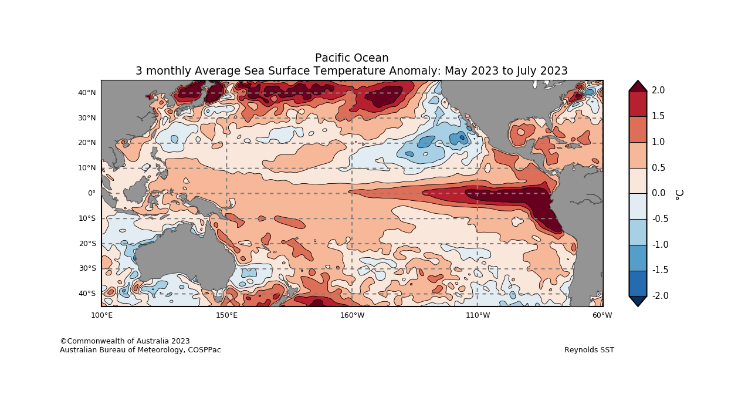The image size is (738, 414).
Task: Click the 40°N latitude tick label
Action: pos(87,93)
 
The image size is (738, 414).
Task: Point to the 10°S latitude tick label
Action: pos(87,218)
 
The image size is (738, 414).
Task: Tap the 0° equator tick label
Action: pos(92,193)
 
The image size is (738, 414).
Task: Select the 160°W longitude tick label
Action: pos(352,315)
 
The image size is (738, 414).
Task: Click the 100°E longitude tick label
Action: pos(101,315)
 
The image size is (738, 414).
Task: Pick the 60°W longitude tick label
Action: pos(602,315)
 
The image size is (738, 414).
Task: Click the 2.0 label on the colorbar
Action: pos(658,90)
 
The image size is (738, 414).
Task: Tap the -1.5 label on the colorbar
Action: pos(660,270)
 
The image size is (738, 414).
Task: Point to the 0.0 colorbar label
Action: pos(658,193)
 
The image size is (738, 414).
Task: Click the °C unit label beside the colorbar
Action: pos(679,194)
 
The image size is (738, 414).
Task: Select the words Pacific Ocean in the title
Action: pos(351,58)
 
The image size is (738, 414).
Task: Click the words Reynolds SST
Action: pos(589,350)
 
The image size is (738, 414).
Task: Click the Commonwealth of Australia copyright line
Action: pos(125,341)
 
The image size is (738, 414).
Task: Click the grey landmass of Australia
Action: pos(176,253)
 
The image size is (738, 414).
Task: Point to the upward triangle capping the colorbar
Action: pos(638,86)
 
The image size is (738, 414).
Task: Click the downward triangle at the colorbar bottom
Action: pos(638,300)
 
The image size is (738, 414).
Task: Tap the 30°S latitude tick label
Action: pos(87,268)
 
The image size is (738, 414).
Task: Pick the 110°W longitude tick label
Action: pos(478,315)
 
